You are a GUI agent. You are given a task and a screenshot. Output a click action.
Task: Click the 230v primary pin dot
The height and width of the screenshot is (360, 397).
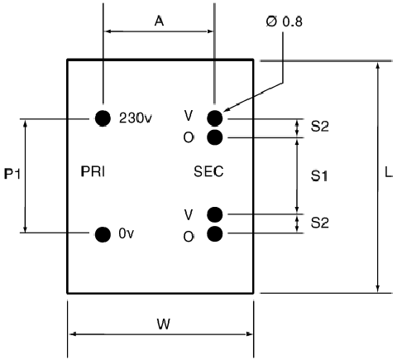pyautogui.click(x=103, y=118)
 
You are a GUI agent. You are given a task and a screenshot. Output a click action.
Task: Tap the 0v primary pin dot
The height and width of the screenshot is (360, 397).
pyautogui.click(x=103, y=234)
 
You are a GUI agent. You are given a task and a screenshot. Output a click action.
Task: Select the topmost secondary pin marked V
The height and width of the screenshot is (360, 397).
pyautogui.click(x=215, y=118)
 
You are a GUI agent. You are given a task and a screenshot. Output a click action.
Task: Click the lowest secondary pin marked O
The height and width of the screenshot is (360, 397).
pyautogui.click(x=215, y=234)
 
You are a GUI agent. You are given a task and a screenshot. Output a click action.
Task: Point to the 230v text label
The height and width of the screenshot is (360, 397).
pyautogui.click(x=136, y=118)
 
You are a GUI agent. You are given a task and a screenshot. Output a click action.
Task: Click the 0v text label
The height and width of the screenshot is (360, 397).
pyautogui.click(x=127, y=233)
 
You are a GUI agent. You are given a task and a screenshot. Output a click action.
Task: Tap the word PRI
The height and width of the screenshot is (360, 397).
pyautogui.click(x=93, y=171)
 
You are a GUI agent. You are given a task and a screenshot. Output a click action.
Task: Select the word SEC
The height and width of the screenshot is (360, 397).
pyautogui.click(x=208, y=171)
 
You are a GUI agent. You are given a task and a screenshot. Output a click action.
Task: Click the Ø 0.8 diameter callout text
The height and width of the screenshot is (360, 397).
pyautogui.click(x=285, y=22)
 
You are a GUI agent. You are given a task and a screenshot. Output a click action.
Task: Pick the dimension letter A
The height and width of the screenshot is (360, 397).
pyautogui.click(x=159, y=21)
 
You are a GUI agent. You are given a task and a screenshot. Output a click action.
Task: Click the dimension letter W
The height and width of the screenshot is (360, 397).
pyautogui.click(x=164, y=324)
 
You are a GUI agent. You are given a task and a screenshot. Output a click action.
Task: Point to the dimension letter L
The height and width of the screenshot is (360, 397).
pyautogui.click(x=388, y=172)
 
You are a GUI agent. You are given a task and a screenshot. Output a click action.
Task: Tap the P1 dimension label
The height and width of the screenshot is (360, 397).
pyautogui.click(x=12, y=174)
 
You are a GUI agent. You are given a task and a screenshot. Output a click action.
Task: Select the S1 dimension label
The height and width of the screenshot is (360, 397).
pyautogui.click(x=319, y=176)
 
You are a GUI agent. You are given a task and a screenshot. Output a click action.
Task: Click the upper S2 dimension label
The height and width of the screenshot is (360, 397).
pyautogui.click(x=320, y=127)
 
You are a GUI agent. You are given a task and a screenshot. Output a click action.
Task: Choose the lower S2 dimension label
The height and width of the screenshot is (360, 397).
pyautogui.click(x=320, y=223)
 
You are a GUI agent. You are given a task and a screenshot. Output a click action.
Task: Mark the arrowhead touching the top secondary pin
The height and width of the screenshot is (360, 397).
pyautogui.click(x=226, y=110)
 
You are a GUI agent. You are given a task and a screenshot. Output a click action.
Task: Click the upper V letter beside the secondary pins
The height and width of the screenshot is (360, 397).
pyautogui.click(x=188, y=116)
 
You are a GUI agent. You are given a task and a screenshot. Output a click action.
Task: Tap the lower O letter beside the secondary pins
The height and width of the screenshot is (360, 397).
pyautogui.click(x=189, y=237)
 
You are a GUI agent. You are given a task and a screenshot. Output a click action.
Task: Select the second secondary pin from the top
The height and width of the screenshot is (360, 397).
pyautogui.click(x=215, y=137)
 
